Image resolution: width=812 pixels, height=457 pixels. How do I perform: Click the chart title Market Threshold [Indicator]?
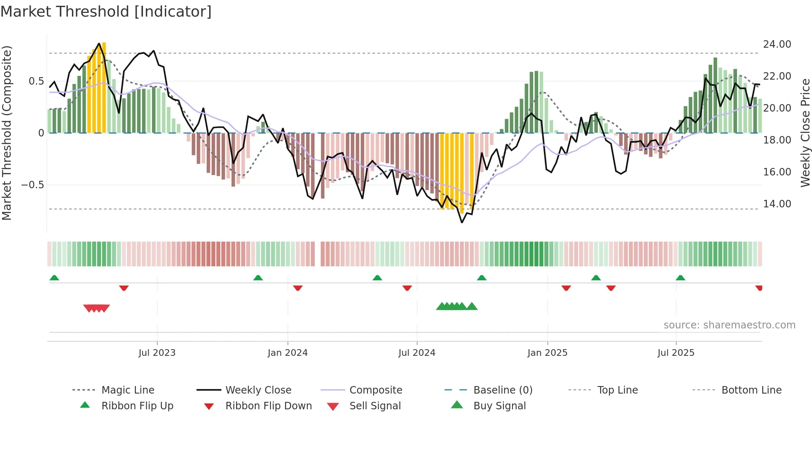[x=106, y=12]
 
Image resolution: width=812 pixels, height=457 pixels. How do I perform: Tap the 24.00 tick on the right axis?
[x=777, y=44]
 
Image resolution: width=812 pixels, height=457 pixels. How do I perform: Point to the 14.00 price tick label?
[x=777, y=204]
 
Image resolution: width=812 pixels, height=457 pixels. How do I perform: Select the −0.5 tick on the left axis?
[x=33, y=185]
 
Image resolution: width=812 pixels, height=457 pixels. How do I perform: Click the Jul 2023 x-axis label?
[x=157, y=353]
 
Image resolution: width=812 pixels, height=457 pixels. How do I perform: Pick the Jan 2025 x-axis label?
[x=547, y=353]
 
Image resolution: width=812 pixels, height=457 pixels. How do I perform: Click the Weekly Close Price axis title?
[x=805, y=133]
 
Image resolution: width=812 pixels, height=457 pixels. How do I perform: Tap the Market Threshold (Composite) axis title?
[x=7, y=133]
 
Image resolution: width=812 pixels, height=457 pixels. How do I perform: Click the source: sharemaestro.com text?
[x=729, y=325]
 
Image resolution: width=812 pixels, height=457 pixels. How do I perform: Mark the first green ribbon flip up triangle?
[x=54, y=278]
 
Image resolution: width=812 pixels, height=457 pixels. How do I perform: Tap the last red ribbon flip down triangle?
[x=759, y=288]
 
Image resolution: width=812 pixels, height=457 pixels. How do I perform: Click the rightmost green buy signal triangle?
[x=472, y=306]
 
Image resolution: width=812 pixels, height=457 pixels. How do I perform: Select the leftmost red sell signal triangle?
[x=88, y=308]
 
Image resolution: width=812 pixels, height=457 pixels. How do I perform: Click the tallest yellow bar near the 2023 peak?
[x=104, y=87]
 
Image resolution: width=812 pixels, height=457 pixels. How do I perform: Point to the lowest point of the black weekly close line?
[x=462, y=222]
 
